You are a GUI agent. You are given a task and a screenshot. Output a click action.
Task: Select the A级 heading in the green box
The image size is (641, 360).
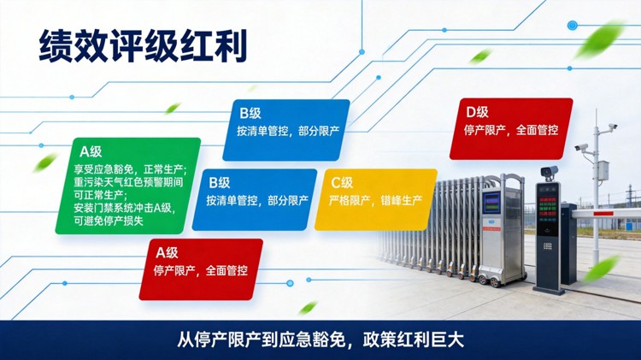coord(90,151)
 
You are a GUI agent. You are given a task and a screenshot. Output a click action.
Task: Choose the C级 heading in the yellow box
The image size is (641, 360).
coord(341,182)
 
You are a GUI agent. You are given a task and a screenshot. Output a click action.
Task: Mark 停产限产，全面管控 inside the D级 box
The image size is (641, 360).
coord(511,131)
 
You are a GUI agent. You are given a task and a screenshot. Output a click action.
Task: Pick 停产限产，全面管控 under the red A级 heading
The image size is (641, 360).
coord(201,270)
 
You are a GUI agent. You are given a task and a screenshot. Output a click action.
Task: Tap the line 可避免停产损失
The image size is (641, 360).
coord(108,221)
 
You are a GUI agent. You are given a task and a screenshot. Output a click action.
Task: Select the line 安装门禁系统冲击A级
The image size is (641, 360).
coord(123,208)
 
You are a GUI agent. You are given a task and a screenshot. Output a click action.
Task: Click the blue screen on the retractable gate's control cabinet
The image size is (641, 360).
coord(493,204)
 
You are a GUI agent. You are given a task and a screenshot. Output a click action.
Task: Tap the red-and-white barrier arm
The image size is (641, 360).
coord(610,208)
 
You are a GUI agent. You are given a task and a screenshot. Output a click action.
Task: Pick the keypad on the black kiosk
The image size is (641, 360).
coord(548,248)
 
